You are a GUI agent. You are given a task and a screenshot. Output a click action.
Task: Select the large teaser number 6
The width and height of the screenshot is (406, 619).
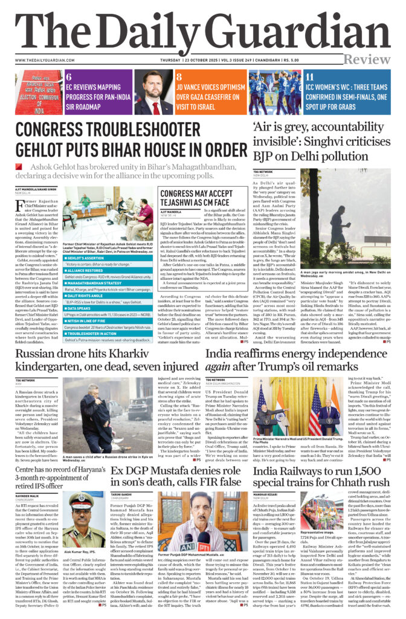pyautogui.click(x=68, y=77)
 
